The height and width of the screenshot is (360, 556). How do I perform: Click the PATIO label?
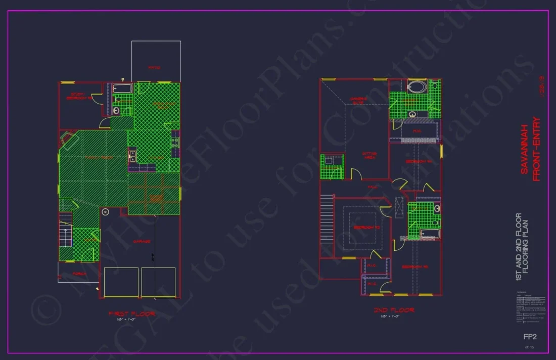click(154, 67)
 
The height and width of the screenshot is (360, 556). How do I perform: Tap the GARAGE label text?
click(142, 242)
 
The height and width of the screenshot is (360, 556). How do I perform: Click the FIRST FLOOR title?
click(132, 313)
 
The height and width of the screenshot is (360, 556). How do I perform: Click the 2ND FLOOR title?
click(394, 310)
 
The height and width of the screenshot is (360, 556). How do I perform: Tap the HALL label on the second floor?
click(373, 187)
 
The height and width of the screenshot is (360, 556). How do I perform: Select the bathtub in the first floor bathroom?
click(122, 89)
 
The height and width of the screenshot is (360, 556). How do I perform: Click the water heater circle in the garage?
click(106, 212)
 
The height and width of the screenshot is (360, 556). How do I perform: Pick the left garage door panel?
click(121, 281)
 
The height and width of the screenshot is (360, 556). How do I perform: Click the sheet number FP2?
click(529, 336)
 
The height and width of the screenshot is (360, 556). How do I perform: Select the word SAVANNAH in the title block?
click(524, 149)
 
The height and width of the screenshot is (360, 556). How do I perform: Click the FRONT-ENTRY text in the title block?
click(536, 149)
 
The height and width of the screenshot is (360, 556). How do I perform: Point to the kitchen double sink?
click(132, 155)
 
